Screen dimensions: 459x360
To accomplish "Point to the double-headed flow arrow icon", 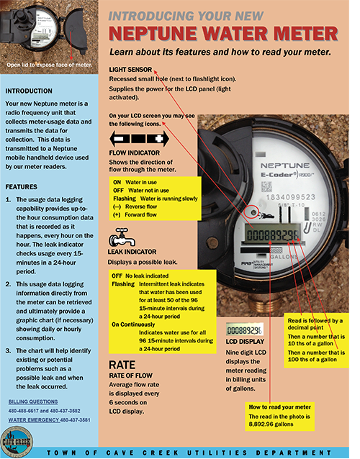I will pos(138,137).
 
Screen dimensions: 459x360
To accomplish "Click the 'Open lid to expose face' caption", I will pos(50,64).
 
